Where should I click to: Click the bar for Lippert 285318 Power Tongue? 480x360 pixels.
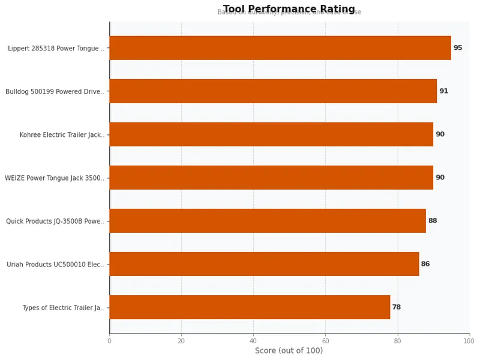(280, 48)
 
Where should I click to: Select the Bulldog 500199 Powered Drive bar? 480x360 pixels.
(273, 91)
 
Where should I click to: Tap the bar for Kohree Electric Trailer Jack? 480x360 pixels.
(271, 134)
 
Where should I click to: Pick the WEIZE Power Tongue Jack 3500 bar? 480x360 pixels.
(271, 178)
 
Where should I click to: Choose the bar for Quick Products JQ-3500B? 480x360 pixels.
(268, 221)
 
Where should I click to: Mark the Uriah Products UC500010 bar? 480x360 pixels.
(264, 264)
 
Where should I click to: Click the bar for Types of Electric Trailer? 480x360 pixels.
(250, 307)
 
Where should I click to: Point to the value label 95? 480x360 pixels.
(458, 48)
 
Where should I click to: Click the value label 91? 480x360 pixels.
(443, 91)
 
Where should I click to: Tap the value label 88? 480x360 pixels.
(433, 221)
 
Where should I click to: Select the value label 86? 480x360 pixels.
(425, 264)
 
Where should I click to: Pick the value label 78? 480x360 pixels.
(397, 307)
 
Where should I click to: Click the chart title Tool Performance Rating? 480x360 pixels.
(289, 9)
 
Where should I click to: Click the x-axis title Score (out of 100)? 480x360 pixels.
(289, 350)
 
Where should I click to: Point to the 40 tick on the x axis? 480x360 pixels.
(253, 341)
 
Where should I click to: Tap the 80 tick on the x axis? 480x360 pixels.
(397, 341)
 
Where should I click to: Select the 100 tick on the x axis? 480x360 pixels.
(468, 341)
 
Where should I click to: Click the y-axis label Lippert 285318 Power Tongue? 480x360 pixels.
(56, 49)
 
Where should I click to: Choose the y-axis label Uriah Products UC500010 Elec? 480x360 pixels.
(55, 265)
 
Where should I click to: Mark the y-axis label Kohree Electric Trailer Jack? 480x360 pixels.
(62, 135)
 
